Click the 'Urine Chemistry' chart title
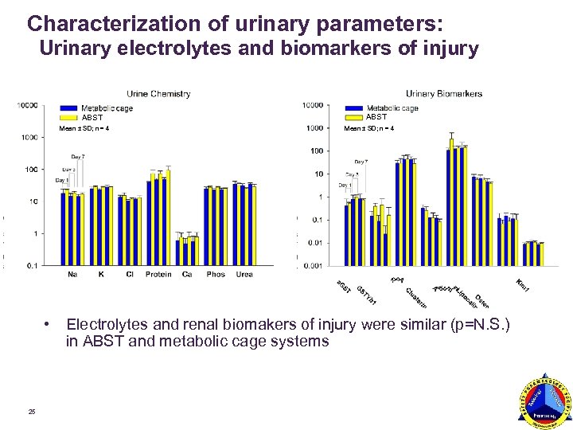pos(158,94)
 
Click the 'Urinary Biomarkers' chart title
pos(444,94)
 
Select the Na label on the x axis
pos(72,275)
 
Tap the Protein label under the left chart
pos(158,275)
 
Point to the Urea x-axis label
pos(244,275)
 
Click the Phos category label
pos(216,275)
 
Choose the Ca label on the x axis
pos(187,275)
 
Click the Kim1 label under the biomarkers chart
pos(522,284)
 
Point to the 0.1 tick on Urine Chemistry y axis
pos(29,265)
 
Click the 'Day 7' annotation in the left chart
pos(77,157)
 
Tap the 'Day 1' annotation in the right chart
pos(345,186)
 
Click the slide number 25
pos(32,411)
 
